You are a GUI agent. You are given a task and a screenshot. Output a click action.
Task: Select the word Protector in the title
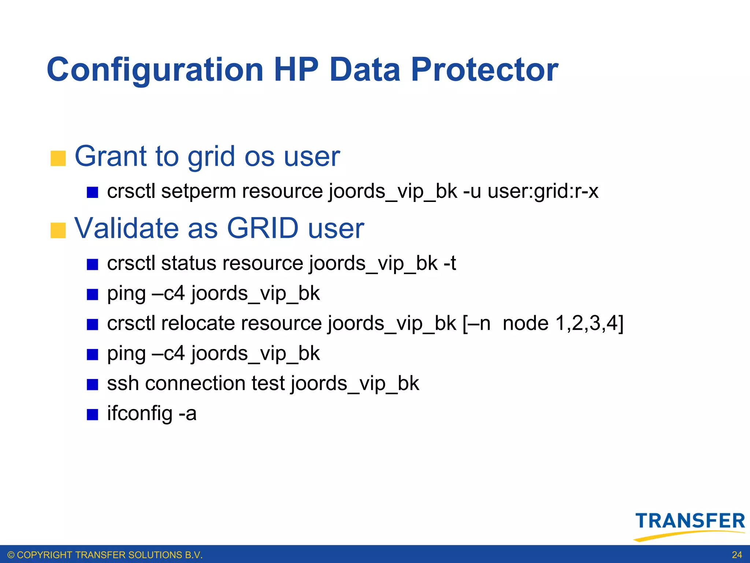[484, 70]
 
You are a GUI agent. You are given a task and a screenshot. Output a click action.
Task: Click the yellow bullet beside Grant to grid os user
[58, 158]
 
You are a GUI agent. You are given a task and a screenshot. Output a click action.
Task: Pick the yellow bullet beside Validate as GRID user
[58, 231]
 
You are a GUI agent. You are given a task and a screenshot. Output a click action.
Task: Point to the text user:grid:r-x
[543, 192]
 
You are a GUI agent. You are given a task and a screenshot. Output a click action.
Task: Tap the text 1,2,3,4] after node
[589, 324]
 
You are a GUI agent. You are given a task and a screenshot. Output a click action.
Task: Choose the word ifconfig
[140, 414]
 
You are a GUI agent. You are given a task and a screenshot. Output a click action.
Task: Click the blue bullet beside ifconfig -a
[92, 415]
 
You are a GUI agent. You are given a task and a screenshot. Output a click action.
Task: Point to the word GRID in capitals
[263, 228]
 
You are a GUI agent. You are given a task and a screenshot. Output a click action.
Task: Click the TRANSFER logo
[690, 525]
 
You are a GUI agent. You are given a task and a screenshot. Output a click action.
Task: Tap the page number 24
[737, 555]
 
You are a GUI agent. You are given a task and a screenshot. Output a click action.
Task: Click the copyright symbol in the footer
[11, 555]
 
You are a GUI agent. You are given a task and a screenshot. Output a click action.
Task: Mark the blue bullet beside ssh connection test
[92, 384]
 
